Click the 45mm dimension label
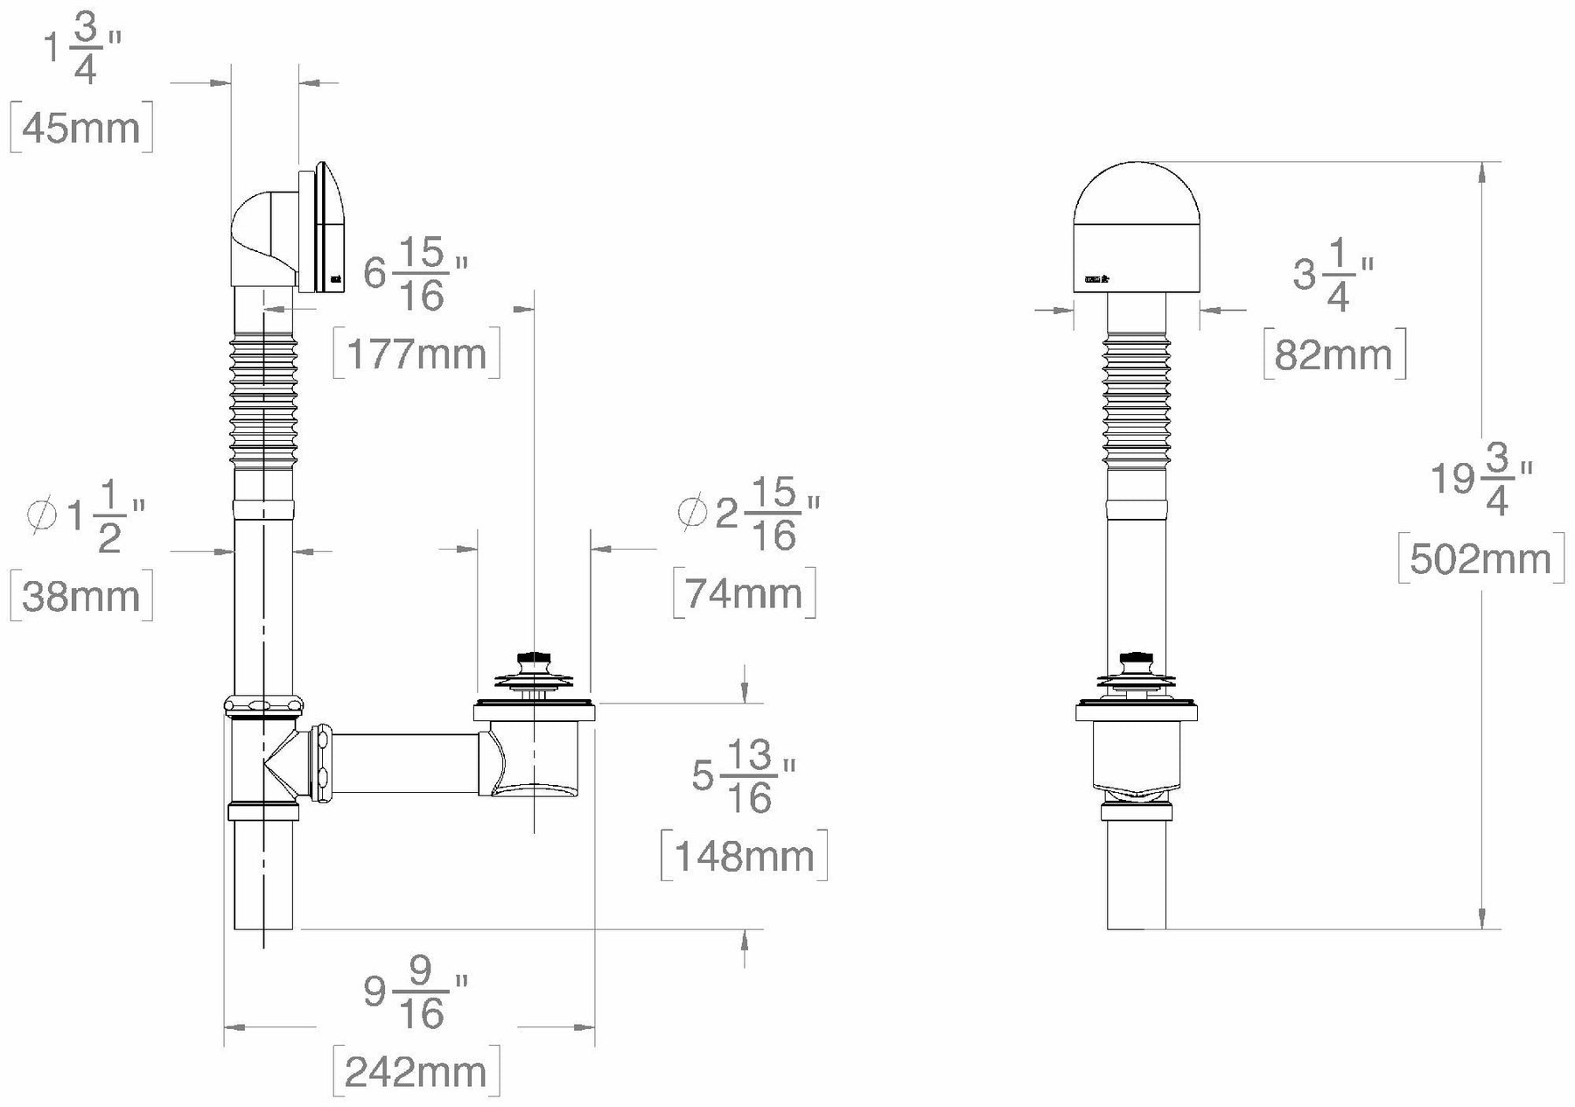point(80,129)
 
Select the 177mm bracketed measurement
point(416,354)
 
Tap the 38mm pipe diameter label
point(80,596)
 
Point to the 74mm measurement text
point(744,593)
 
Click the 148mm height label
point(744,855)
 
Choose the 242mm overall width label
point(416,1071)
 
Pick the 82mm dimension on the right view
point(1333,354)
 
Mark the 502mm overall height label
point(1480,558)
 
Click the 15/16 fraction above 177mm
point(422,275)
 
